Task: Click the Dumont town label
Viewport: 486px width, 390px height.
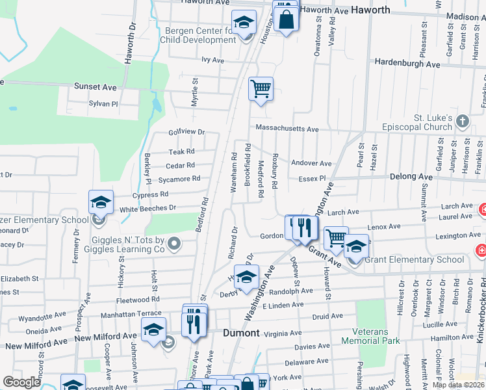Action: point(242,333)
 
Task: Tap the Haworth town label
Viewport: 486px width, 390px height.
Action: point(370,10)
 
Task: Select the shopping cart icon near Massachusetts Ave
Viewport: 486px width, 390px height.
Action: point(261,88)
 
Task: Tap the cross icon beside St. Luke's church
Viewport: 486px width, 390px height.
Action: point(462,121)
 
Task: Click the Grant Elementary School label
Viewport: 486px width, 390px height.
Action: point(414,259)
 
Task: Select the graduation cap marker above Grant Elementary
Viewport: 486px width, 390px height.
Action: point(355,247)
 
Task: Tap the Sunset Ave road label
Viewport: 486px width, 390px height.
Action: point(96,86)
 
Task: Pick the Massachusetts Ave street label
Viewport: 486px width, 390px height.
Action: point(287,129)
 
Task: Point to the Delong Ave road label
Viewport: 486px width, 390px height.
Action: point(411,176)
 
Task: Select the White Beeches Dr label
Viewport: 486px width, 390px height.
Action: point(147,208)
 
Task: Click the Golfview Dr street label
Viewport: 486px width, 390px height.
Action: point(186,132)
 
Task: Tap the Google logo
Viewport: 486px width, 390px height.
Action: point(21,382)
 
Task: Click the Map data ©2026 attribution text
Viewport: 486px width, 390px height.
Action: point(459,386)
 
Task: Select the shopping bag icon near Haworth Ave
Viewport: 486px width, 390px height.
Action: point(286,19)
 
